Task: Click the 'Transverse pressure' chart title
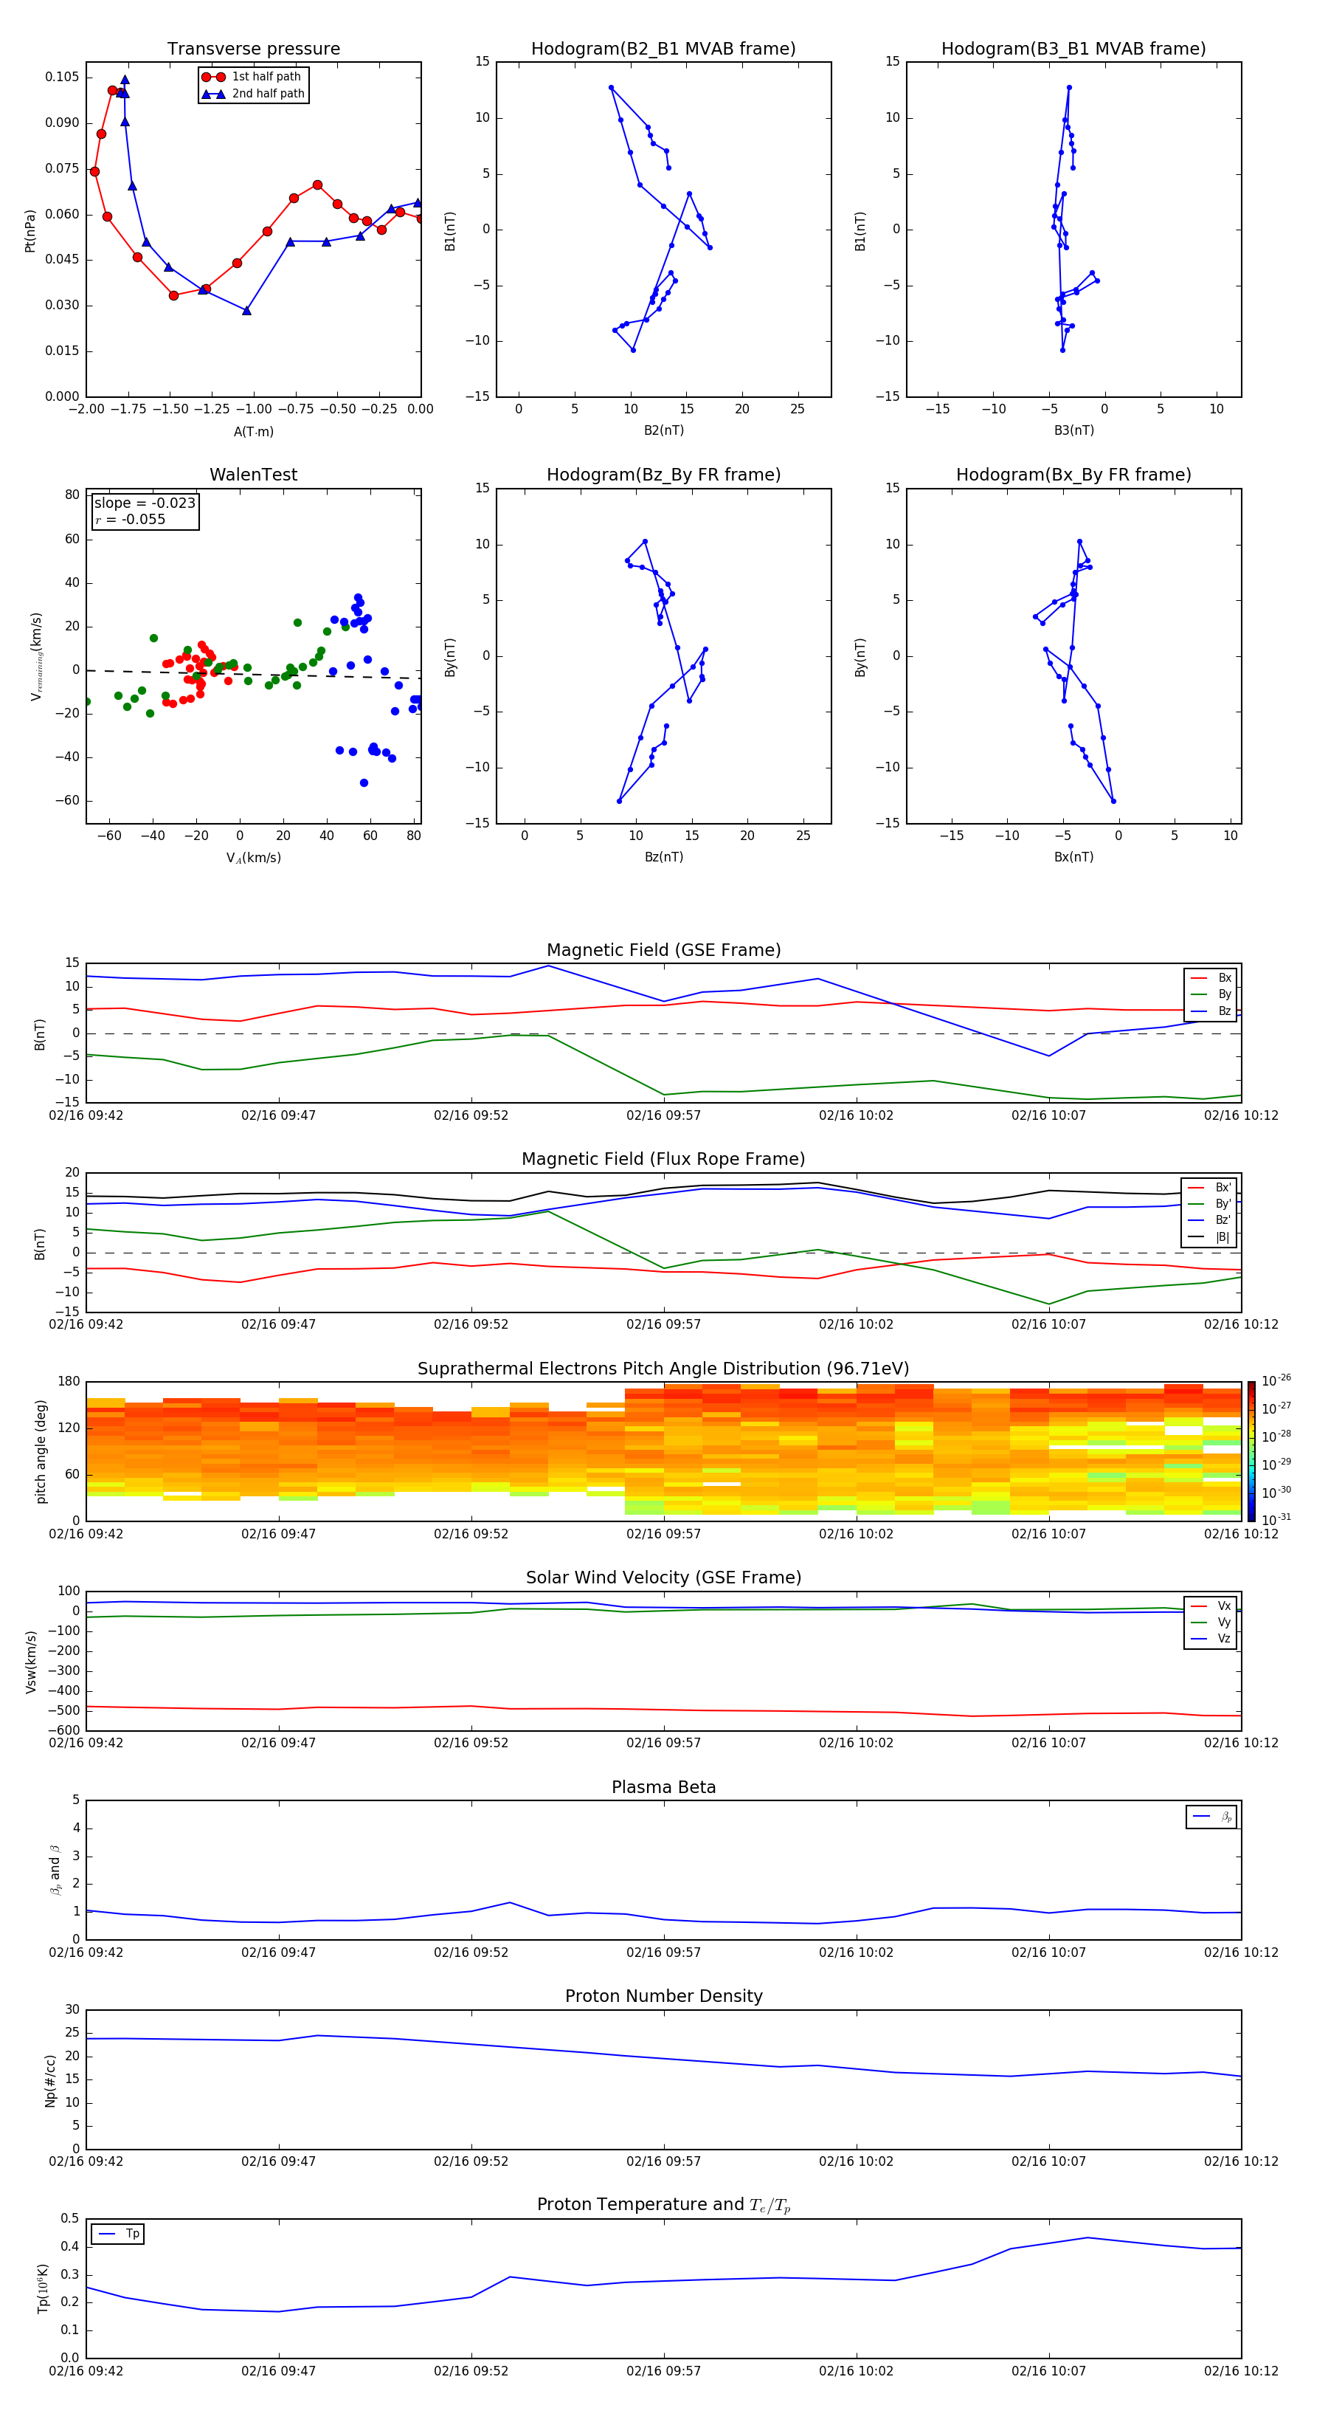[253, 49]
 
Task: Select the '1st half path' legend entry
[266, 77]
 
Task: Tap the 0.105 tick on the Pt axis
[63, 77]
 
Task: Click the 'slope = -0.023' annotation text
[145, 503]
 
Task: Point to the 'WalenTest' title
[253, 475]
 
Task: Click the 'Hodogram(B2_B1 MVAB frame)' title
[663, 49]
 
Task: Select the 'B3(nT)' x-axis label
[1073, 430]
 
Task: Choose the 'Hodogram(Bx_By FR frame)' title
[1073, 475]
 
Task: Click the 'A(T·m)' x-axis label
[253, 432]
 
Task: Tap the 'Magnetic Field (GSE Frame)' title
[663, 950]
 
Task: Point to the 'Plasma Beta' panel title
[663, 1787]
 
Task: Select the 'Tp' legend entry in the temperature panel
[131, 2234]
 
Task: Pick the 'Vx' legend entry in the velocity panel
[1223, 1606]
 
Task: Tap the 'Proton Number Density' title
[663, 1996]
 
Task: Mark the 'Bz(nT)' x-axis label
[663, 857]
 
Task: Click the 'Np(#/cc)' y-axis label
[50, 2080]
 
